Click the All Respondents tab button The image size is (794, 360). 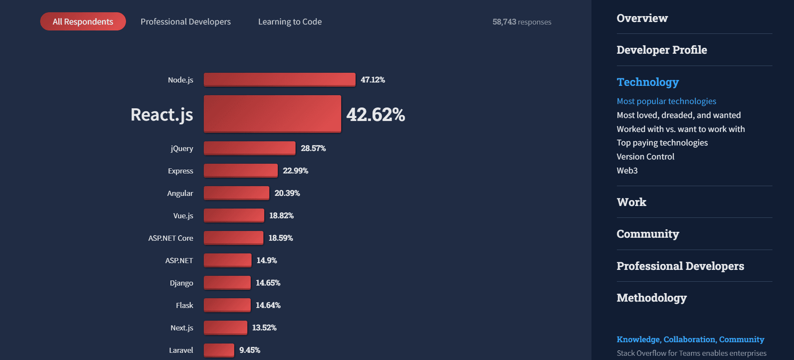[x=83, y=22]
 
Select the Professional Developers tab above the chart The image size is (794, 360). [x=186, y=22]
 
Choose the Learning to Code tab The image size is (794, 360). [x=290, y=22]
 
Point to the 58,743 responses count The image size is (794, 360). [x=522, y=22]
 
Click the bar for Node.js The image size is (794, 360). [x=279, y=80]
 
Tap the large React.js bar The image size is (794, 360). [x=272, y=114]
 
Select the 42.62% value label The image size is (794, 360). [x=375, y=115]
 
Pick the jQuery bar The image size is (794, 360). [x=249, y=148]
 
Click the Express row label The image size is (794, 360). [x=181, y=171]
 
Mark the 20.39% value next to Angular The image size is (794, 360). [x=287, y=193]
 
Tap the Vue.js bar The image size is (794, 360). [x=234, y=215]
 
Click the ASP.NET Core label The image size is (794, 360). [x=171, y=238]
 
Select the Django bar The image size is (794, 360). [x=227, y=283]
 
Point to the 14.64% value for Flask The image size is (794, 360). [x=268, y=305]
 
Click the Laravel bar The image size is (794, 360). [x=219, y=350]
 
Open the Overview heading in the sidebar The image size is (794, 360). [x=642, y=18]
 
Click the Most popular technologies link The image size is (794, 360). [x=666, y=101]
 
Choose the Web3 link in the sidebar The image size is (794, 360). [x=627, y=170]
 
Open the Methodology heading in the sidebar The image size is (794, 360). [x=652, y=298]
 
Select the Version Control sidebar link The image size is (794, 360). [x=645, y=157]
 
